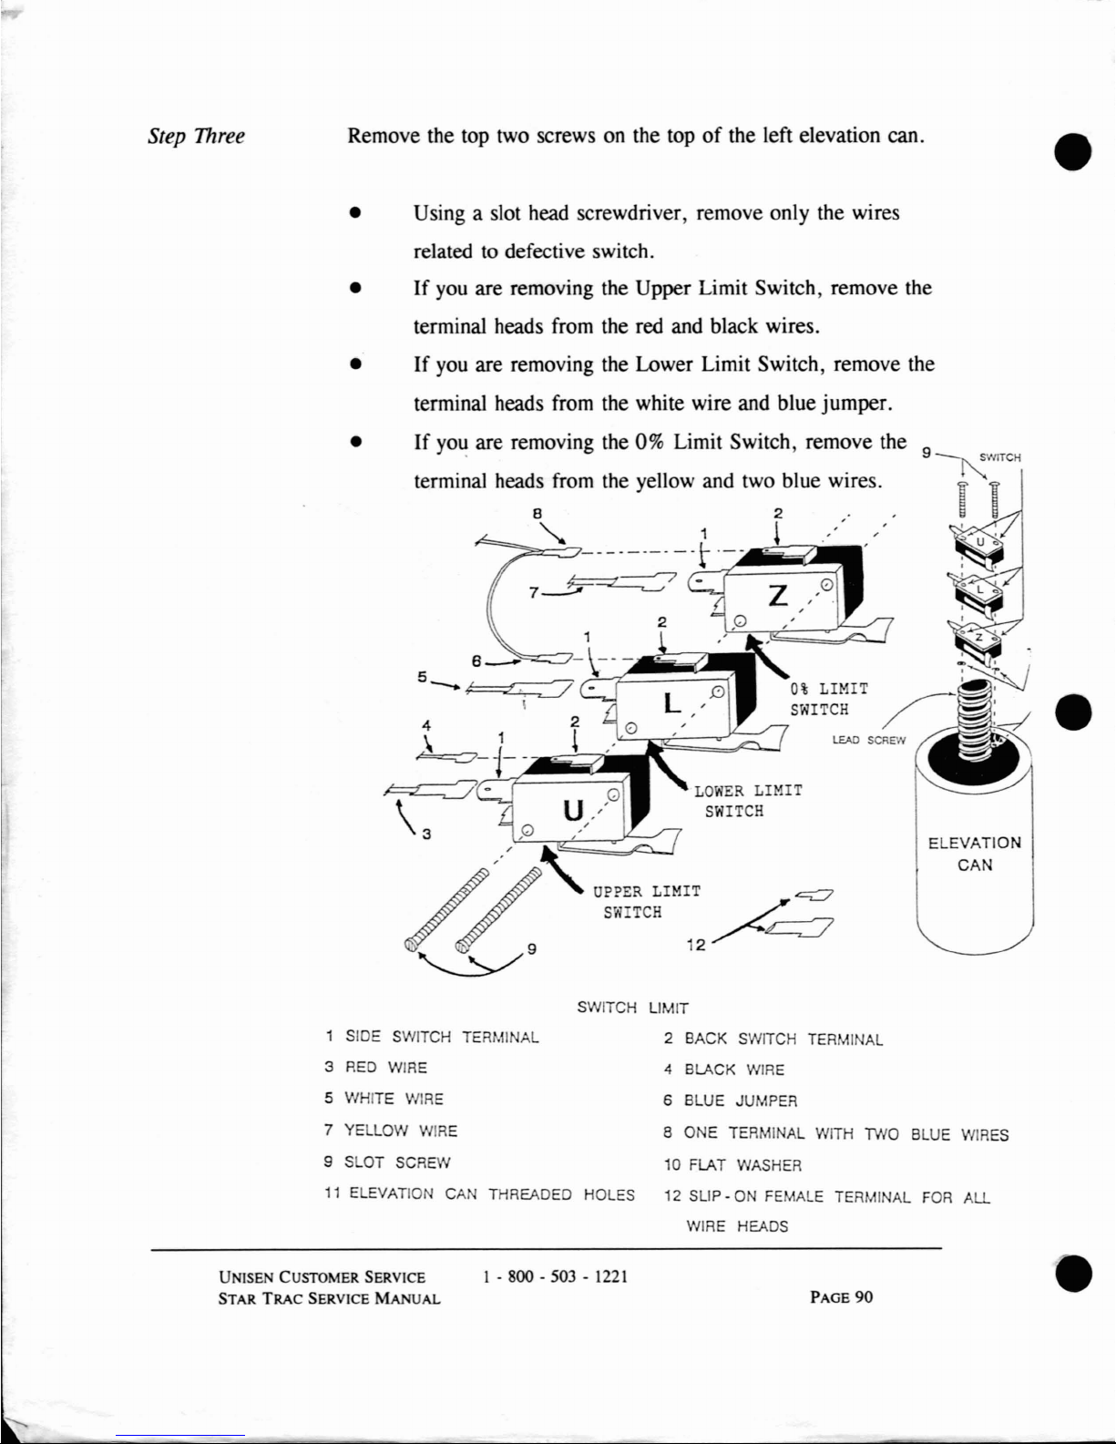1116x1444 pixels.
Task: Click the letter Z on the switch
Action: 778,596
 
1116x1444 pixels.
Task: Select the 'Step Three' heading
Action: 196,137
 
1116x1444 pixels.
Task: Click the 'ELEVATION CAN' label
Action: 975,854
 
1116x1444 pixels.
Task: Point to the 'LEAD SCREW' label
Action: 869,741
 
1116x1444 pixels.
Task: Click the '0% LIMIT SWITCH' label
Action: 828,699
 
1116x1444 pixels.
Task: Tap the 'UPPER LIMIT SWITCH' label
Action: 646,902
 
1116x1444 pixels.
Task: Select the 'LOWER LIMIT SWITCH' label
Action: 748,801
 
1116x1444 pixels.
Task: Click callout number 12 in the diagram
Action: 695,945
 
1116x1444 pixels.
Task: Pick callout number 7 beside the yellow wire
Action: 534,592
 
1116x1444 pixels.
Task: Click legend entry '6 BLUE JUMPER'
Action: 730,1101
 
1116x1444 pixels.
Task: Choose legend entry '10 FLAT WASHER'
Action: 732,1165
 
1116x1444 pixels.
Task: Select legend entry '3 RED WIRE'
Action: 375,1068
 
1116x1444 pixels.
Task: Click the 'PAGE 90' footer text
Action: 841,1297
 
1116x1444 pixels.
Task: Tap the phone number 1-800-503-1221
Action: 556,1276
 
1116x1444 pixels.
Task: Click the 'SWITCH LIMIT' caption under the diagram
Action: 632,1009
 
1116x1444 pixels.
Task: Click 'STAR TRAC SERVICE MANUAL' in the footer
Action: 330,1298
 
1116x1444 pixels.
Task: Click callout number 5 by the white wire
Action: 422,677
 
